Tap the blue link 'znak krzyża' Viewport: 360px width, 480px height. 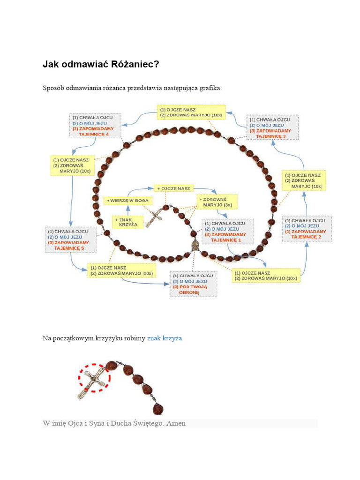(x=164, y=338)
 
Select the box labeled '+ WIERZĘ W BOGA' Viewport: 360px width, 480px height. (x=127, y=200)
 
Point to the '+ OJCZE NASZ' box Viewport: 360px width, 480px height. (x=174, y=188)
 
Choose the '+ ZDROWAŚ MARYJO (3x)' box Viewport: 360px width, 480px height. (x=217, y=202)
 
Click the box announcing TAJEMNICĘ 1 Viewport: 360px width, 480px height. (x=227, y=232)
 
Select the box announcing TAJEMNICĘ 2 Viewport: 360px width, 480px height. (x=307, y=229)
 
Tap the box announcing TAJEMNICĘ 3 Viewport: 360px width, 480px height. (x=273, y=126)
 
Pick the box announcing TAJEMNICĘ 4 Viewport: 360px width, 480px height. (x=95, y=125)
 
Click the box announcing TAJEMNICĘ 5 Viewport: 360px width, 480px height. (x=70, y=240)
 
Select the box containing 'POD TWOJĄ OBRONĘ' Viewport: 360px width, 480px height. (x=193, y=284)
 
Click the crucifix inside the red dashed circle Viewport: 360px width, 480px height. (x=94, y=381)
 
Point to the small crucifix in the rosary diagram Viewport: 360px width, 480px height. (x=154, y=217)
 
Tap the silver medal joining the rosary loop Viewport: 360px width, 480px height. (x=195, y=246)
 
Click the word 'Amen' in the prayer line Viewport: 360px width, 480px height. (x=176, y=423)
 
